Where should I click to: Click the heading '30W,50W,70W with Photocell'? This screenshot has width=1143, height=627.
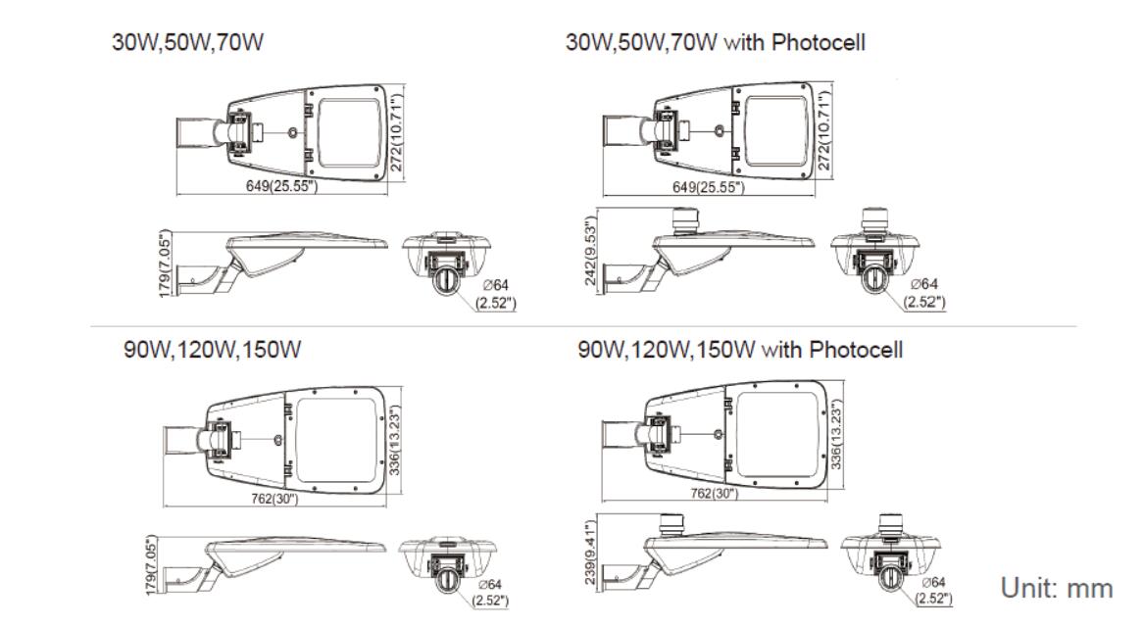716,45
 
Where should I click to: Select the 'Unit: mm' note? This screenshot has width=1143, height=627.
1056,588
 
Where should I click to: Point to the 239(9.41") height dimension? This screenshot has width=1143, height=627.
589,554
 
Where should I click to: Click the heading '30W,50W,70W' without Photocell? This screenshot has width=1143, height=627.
187,45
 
